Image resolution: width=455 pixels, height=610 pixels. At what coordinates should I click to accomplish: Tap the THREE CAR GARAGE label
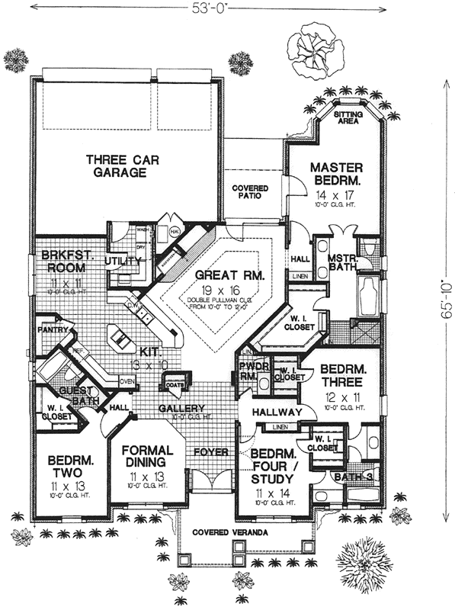[x=116, y=166]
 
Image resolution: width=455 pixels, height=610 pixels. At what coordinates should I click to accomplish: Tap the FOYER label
[x=211, y=451]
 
